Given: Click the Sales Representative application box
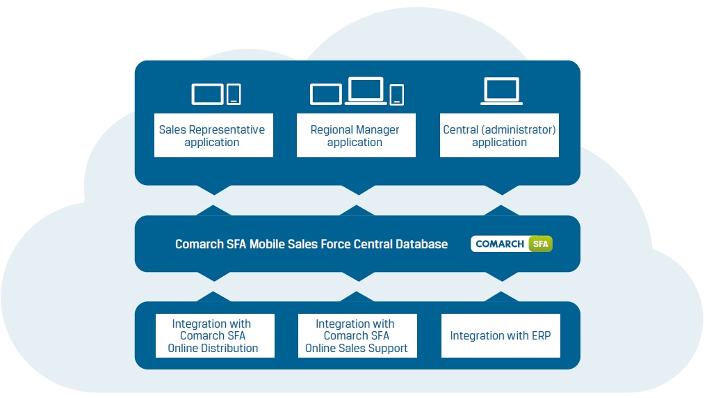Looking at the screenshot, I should [x=213, y=136].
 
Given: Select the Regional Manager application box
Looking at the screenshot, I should [x=355, y=136].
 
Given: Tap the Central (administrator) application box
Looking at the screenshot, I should [x=499, y=136].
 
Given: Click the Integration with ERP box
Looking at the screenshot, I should [x=500, y=335].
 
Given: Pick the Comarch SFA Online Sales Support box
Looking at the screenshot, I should [x=357, y=335].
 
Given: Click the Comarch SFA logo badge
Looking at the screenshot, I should [x=512, y=244].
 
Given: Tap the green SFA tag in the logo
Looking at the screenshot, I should [x=540, y=244].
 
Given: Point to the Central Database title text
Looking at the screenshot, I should [x=311, y=244].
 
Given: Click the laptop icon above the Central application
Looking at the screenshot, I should [x=502, y=91].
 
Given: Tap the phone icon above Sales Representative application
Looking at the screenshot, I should [x=234, y=94].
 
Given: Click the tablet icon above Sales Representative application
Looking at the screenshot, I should [x=207, y=94].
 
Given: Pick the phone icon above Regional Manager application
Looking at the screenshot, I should [x=396, y=95].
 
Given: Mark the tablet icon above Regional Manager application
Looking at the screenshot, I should [x=326, y=95].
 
